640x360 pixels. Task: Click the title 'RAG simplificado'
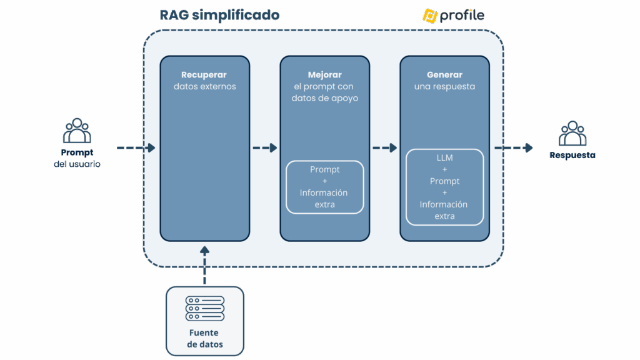coord(219,16)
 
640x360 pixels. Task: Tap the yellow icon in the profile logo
coord(429,16)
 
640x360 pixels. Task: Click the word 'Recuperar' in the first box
coord(204,75)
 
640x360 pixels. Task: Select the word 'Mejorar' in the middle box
coord(324,75)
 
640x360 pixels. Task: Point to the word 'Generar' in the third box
coord(444,75)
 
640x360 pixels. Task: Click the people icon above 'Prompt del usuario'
coord(77,130)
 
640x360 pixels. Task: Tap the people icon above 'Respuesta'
coord(572,132)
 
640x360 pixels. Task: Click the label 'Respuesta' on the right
coord(572,155)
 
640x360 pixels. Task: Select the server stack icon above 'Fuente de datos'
coord(204,309)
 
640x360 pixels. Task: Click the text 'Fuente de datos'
coord(204,339)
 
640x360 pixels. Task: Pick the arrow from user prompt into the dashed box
coord(136,148)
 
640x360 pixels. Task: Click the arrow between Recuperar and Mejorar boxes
coord(264,148)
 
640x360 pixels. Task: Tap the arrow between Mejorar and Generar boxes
coord(384,148)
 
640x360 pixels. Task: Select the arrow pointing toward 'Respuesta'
coord(514,148)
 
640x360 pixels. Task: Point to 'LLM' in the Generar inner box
coord(444,158)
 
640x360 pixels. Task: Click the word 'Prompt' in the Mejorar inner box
coord(324,170)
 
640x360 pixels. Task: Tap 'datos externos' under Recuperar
coord(204,87)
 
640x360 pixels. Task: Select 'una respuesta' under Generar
coord(444,87)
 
